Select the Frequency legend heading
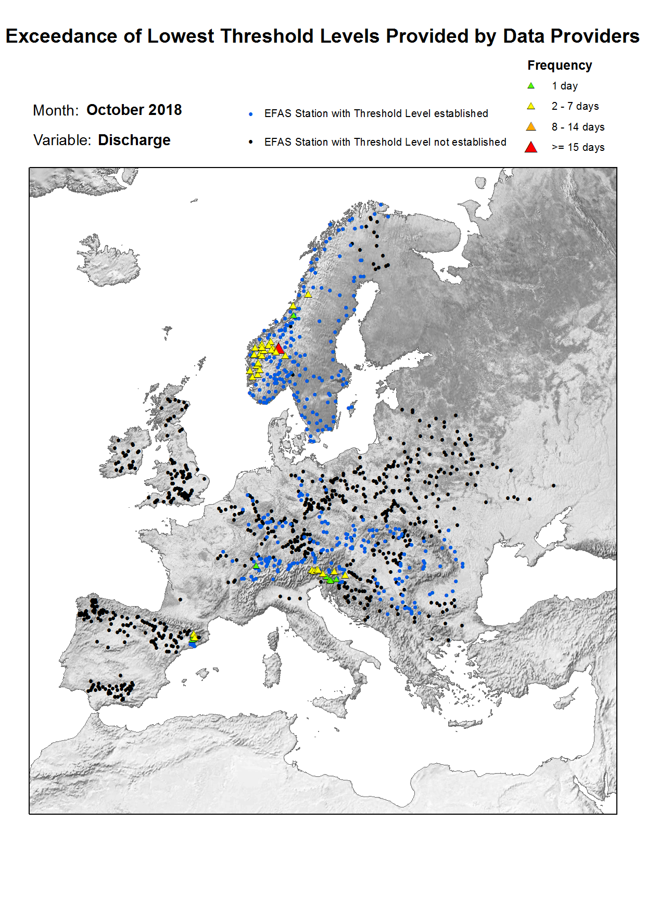coord(560,66)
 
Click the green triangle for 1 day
coord(531,86)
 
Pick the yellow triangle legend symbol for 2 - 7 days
coord(531,106)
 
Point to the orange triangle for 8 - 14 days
coord(531,127)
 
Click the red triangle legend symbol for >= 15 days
coord(531,147)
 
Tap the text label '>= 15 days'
coord(578,147)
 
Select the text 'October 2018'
coord(134,110)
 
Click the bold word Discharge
coord(134,140)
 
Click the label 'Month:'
coord(56,110)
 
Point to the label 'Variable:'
coord(62,140)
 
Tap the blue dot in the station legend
coord(251,114)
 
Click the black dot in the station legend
coord(251,142)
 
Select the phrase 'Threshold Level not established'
coord(429,142)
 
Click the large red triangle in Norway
coord(279,348)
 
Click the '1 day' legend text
coord(564,86)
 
